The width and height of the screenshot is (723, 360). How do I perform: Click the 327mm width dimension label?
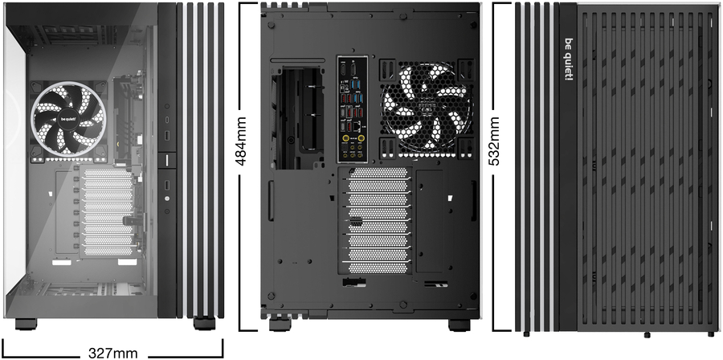click(x=112, y=354)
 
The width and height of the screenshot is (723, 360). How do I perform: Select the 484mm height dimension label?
click(x=240, y=141)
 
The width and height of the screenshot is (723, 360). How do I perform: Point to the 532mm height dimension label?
click(x=494, y=141)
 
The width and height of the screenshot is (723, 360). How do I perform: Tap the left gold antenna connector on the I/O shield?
click(x=345, y=137)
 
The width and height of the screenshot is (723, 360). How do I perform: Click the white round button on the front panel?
click(x=167, y=198)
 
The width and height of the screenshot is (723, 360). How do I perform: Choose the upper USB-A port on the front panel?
click(x=167, y=137)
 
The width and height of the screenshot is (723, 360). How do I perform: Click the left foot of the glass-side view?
click(x=26, y=324)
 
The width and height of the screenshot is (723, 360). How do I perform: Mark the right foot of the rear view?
click(x=460, y=325)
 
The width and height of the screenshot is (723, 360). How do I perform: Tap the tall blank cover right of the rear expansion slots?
click(x=430, y=221)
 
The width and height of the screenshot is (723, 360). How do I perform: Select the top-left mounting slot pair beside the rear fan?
click(x=388, y=70)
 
